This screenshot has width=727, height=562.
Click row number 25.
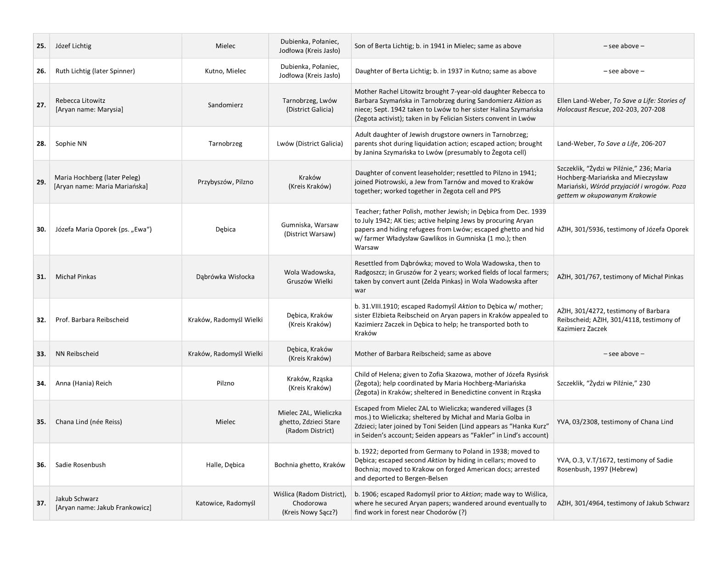[41, 46]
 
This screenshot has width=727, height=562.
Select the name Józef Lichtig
[73, 46]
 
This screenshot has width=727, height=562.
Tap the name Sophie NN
[71, 144]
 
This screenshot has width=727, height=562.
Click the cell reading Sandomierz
[225, 105]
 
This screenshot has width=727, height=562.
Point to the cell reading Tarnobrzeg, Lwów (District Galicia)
[310, 105]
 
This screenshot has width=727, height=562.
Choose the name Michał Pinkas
[76, 277]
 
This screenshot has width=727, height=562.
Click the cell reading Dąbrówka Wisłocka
[225, 277]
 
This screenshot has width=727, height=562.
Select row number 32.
[41, 320]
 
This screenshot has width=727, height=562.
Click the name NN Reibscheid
[77, 354]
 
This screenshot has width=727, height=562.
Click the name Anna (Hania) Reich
[84, 383]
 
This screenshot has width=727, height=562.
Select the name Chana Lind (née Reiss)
[89, 422]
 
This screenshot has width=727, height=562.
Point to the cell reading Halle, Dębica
[225, 465]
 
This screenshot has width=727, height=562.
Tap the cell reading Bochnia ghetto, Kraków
[310, 465]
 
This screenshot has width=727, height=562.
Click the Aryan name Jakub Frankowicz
[103, 508]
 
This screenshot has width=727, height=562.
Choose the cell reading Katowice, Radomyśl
[225, 503]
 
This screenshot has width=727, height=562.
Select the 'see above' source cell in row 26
[624, 71]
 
